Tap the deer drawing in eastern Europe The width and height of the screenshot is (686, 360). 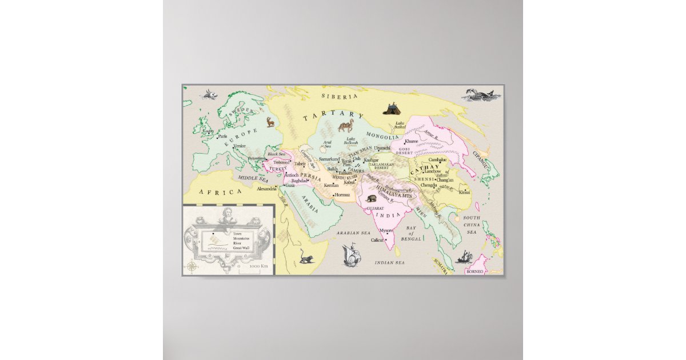click(270, 122)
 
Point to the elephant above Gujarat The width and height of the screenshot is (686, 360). click(372, 198)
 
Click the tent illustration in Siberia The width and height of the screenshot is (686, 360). click(392, 107)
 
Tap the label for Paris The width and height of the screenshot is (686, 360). click(222, 136)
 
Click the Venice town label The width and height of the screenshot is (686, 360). click(240, 146)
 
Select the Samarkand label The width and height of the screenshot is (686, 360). click(330, 159)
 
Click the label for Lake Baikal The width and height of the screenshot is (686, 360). click(400, 125)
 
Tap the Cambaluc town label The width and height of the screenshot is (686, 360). click(437, 159)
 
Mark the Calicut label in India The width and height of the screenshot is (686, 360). click(377, 241)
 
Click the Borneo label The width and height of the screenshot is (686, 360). click(474, 271)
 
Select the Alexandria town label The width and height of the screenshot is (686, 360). click(266, 189)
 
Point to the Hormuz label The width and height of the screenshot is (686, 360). click(342, 195)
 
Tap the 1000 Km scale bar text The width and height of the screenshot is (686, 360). click(258, 266)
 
